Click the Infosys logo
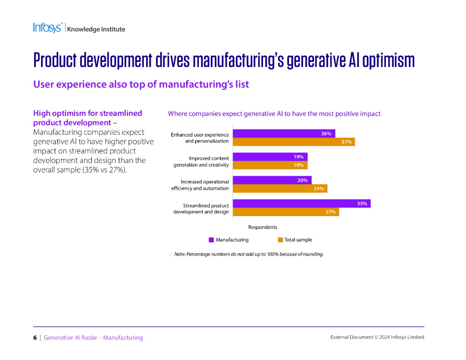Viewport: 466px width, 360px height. point(47,28)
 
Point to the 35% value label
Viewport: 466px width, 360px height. point(362,203)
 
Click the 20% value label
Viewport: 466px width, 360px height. point(302,180)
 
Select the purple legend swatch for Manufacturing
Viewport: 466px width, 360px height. point(211,240)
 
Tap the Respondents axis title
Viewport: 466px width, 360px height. point(263,227)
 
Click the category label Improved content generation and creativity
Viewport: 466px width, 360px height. point(201,162)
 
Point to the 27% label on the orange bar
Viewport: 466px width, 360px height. point(330,212)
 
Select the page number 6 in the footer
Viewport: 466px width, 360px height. point(35,338)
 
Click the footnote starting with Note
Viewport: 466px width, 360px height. point(249,254)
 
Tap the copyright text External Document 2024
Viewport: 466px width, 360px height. point(377,337)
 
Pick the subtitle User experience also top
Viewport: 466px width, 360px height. point(141,84)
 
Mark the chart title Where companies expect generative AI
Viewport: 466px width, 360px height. point(274,114)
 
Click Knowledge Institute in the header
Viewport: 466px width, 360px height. point(96,30)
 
